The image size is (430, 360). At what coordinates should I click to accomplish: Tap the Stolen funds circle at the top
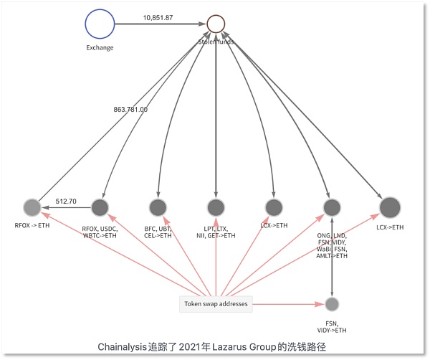coord(216,24)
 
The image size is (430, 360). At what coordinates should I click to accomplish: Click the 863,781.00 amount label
coord(130,110)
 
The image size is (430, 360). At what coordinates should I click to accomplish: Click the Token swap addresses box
coord(216,305)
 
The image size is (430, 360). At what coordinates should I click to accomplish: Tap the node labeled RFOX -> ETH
coord(32,207)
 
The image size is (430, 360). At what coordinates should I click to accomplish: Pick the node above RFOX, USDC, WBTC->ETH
coord(100,207)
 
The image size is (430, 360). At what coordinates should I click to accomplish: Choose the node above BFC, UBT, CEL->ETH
coord(158,207)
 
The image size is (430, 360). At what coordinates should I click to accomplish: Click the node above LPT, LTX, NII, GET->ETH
coord(216,207)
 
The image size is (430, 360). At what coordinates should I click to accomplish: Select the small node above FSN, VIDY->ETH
coord(331,304)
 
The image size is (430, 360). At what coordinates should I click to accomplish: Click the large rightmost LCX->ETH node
coord(389,207)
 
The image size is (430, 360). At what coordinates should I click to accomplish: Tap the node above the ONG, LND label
coord(331,207)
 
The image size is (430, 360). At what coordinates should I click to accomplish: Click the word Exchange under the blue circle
coord(99,48)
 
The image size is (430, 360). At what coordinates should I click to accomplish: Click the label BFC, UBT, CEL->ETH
coord(158,231)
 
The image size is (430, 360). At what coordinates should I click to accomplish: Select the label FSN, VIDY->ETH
coord(331,326)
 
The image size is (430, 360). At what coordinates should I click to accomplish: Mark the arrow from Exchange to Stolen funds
coord(161,24)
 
